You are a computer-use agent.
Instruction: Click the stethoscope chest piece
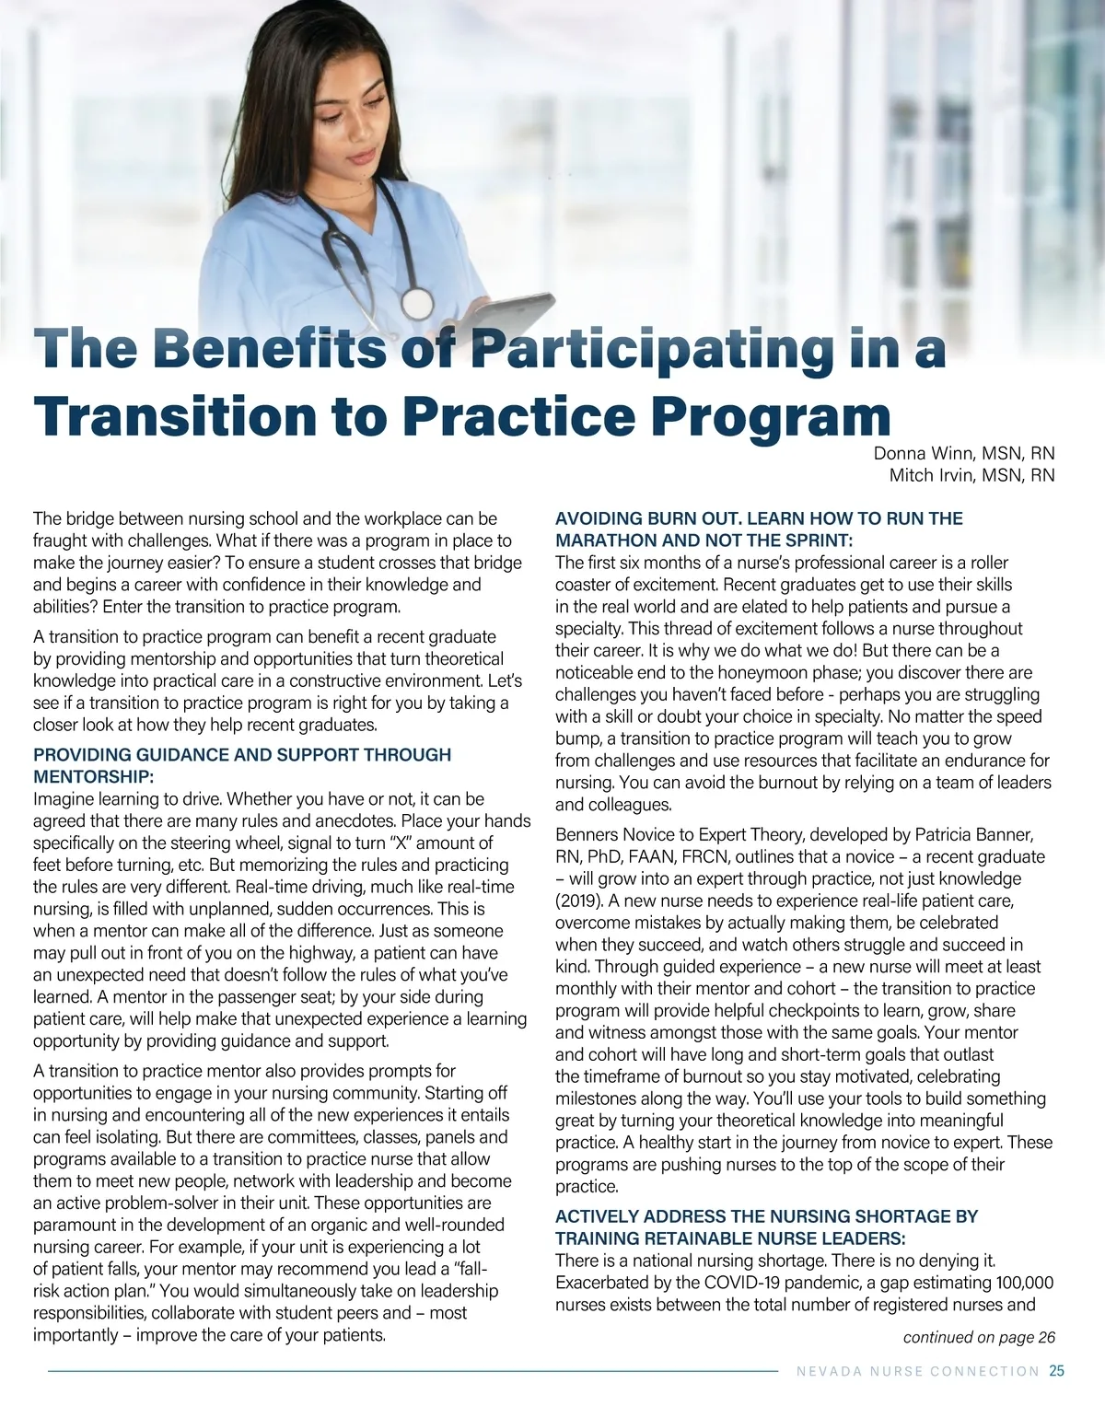[417, 302]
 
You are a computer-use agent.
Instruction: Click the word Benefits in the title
[263, 350]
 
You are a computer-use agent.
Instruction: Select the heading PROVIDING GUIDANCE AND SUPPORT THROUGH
[242, 755]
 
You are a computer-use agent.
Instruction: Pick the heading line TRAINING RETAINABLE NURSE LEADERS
[730, 1238]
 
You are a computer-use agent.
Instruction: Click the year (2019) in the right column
[582, 901]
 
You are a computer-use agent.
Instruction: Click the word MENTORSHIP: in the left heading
[87, 777]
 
